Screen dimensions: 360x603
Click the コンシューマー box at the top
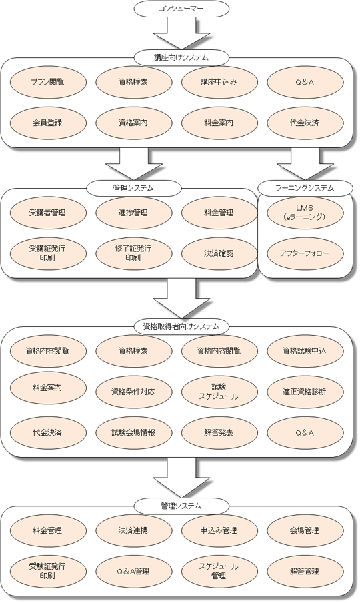coord(181,9)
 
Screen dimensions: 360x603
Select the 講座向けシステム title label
coord(181,58)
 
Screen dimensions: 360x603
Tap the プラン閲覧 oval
coord(48,82)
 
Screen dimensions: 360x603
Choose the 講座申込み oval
coord(219,82)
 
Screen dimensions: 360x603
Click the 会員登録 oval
coord(48,123)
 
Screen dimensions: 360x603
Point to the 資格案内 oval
coord(133,123)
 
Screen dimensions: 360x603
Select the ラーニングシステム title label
coord(305,188)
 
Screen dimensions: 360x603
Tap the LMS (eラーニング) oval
coord(305,213)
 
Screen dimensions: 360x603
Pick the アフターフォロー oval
coord(305,253)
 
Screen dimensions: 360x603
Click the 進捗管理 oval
coord(133,213)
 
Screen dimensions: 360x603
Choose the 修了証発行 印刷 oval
coord(133,253)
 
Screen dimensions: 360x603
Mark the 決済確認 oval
coord(219,253)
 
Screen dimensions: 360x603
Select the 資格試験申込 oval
coord(305,351)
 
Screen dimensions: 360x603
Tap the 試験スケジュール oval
coord(219,392)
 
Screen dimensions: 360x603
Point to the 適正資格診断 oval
coord(305,392)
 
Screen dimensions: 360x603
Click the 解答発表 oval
coord(219,433)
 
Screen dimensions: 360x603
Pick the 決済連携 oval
coord(133,530)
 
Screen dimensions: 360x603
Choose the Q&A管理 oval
coord(133,572)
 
